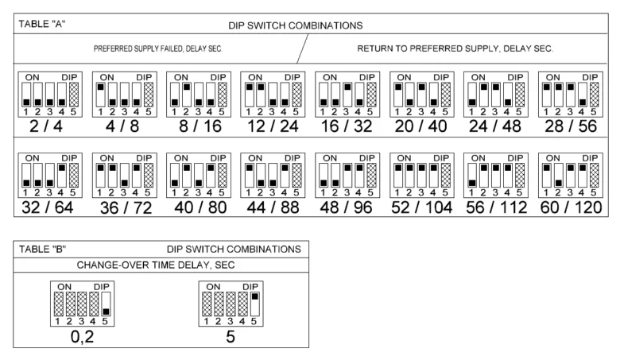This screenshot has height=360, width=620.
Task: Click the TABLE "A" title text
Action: [42, 24]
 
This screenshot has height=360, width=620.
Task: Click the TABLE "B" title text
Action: [42, 250]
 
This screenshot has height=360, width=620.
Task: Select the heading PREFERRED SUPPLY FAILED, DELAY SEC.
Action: [158, 48]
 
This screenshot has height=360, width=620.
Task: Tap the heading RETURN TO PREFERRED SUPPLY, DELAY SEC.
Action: [455, 48]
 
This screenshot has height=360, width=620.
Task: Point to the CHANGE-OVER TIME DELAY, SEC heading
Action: [156, 265]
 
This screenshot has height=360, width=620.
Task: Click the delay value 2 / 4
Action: [46, 126]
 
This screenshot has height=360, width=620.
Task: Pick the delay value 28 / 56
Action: [571, 126]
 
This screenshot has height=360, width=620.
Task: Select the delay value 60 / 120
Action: [571, 207]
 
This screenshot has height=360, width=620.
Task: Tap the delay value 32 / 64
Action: [48, 207]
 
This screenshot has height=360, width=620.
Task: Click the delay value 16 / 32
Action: [347, 126]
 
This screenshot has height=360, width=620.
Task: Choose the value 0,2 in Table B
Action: [82, 337]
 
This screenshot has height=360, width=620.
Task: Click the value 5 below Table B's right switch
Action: [231, 337]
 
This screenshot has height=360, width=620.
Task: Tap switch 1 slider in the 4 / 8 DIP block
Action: [100, 95]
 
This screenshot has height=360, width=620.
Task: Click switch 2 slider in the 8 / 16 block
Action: [187, 95]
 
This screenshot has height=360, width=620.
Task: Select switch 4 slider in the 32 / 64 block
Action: [62, 176]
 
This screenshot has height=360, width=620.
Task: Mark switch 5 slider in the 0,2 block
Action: [106, 304]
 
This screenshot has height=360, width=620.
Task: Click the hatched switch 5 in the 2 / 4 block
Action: [74, 95]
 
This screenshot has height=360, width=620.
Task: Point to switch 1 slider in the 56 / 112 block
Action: [471, 176]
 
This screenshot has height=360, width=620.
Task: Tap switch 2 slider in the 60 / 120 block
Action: [558, 176]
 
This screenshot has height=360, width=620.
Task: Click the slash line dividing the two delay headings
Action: [303, 48]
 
